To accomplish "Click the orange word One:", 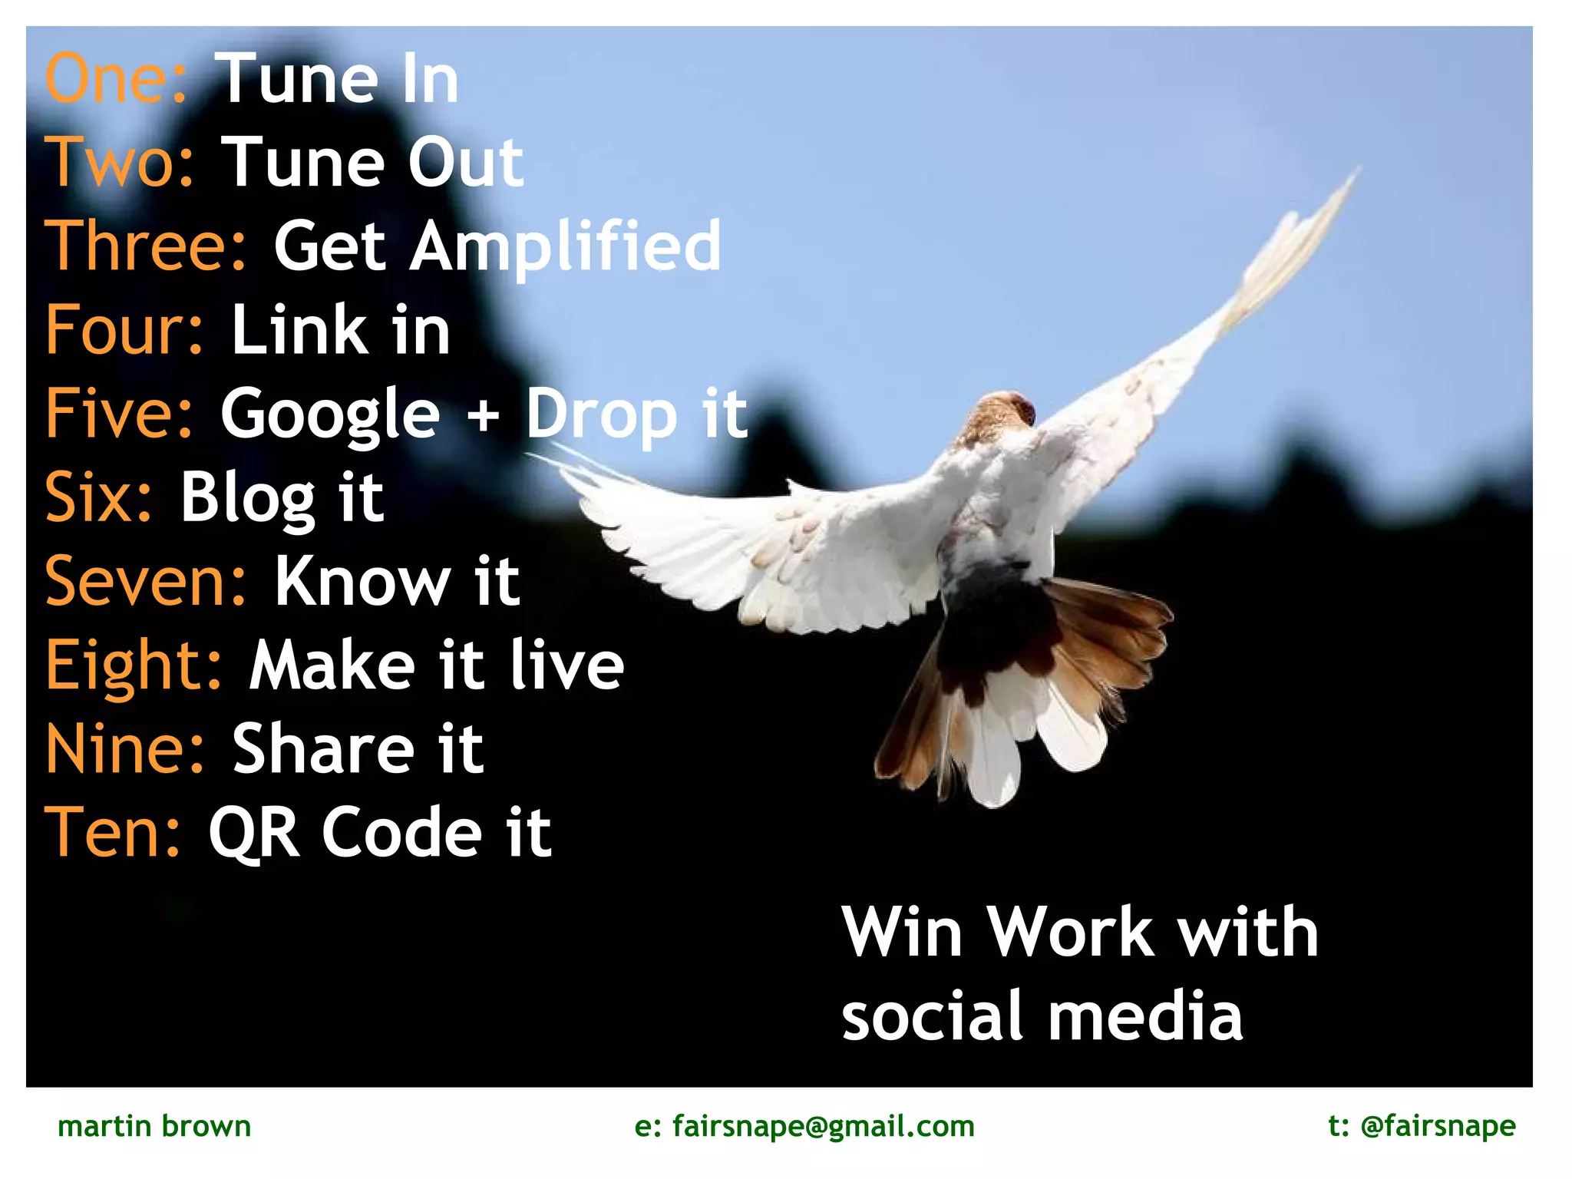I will click(x=115, y=79).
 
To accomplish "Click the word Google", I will click(x=330, y=414).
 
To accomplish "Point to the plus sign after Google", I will click(x=483, y=418).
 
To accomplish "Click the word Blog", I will click(x=247, y=499).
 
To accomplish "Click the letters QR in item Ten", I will click(x=253, y=834).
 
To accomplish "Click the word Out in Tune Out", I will click(x=465, y=163).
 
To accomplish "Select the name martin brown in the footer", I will click(x=154, y=1126).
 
